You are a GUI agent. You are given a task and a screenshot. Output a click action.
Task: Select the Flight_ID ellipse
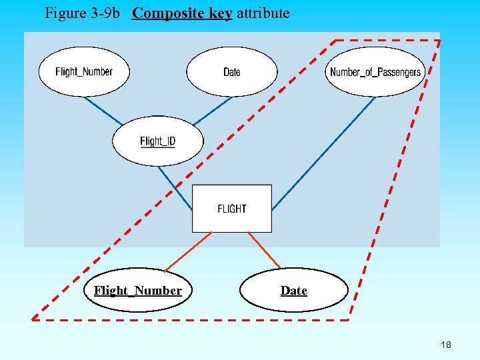coord(157,141)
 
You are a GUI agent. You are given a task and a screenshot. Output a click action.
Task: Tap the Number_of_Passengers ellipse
coord(375,72)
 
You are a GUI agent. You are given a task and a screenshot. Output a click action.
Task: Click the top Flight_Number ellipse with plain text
coord(84,71)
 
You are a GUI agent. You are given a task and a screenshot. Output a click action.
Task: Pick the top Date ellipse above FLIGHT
coord(231,71)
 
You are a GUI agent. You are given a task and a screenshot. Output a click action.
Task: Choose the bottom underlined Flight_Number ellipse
coord(138,290)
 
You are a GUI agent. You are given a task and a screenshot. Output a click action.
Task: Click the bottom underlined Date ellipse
coord(293,290)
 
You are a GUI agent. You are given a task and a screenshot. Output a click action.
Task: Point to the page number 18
coord(446,345)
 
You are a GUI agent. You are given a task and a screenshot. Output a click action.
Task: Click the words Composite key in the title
coord(182,13)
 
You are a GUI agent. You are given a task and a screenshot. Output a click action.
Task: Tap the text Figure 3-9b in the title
coord(84,13)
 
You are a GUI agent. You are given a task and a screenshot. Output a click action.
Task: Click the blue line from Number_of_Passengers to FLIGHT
coord(323,153)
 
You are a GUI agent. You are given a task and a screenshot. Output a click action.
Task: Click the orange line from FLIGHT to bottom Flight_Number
coord(189,251)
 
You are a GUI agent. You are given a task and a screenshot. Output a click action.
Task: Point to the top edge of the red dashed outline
coord(387,40)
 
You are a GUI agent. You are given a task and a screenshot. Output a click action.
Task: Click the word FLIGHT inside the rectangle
coord(232,209)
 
